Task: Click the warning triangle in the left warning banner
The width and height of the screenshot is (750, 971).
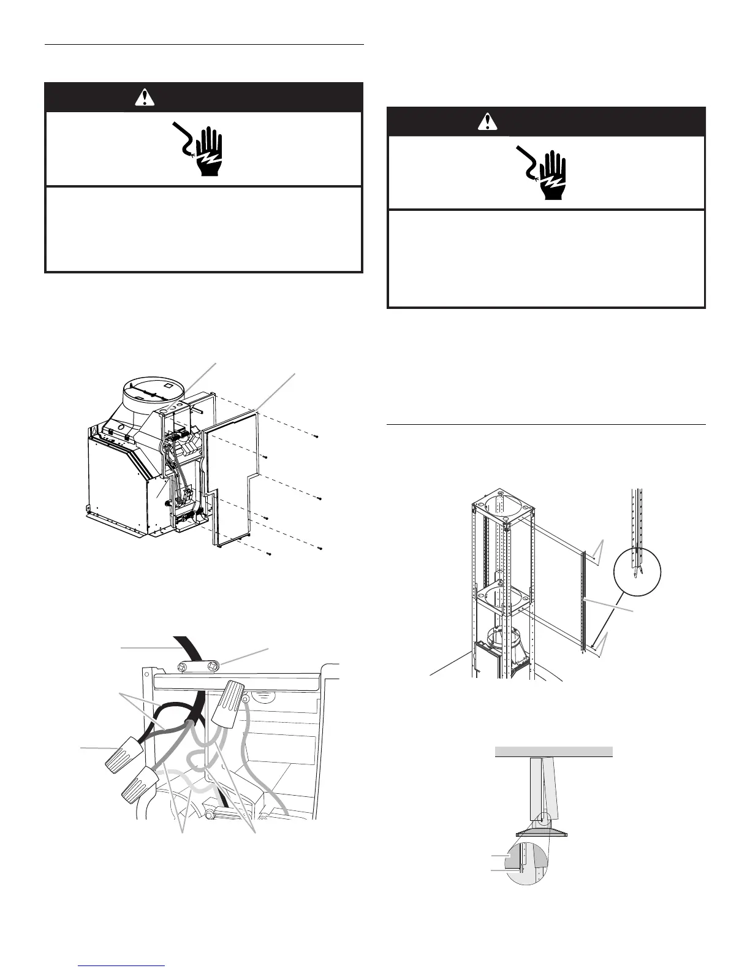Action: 146,97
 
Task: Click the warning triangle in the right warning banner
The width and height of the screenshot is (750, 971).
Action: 487,121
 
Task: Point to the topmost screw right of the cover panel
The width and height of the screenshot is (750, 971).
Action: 315,436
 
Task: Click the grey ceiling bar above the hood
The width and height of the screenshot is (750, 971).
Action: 553,752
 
